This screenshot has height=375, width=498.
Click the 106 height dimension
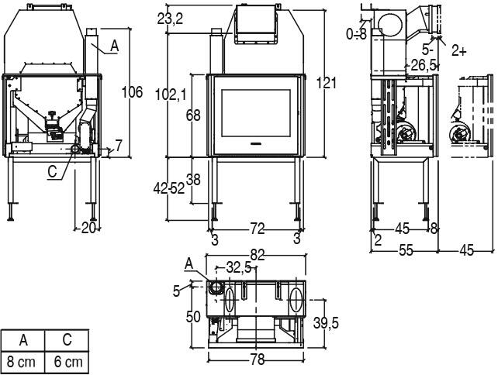point(133,92)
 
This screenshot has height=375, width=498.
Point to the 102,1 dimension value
point(171,95)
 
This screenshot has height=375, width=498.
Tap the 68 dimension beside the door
point(193,115)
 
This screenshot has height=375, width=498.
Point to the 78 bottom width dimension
point(257,360)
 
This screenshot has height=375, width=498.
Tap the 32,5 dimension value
point(239,268)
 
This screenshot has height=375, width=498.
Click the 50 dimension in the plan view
point(193,317)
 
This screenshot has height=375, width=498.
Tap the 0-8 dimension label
point(358,33)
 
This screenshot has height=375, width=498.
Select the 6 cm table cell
point(67,362)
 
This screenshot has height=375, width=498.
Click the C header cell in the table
point(67,340)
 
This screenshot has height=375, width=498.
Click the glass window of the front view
point(257,114)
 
